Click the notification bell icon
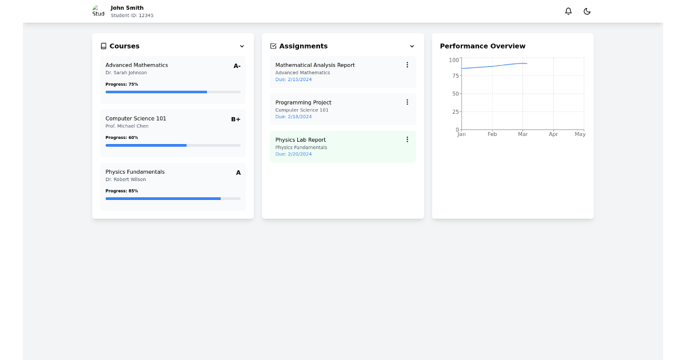click(568, 11)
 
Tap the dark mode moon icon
click(587, 11)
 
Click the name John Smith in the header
click(127, 8)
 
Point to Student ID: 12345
click(132, 16)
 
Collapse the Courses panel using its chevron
click(242, 46)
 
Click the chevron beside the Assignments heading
click(412, 46)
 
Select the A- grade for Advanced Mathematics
click(237, 66)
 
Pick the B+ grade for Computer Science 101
click(236, 119)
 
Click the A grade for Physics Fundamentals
click(238, 173)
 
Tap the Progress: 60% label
click(122, 138)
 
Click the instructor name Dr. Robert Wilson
click(126, 179)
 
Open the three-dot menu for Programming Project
click(407, 102)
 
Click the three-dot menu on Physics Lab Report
click(407, 139)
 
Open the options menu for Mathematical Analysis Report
click(407, 65)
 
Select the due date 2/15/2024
click(293, 79)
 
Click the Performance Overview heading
click(482, 46)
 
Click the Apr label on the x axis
click(553, 134)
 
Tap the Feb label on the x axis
click(492, 134)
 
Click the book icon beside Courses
click(103, 46)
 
